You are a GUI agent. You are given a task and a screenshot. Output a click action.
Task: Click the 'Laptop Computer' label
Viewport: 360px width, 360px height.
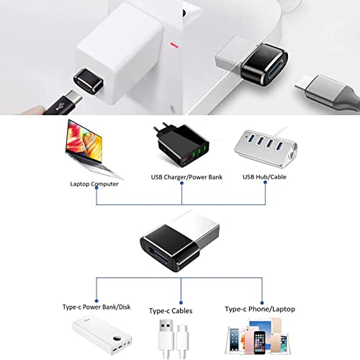[94, 184]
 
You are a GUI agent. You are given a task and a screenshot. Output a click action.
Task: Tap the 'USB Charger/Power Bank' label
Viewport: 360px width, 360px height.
[186, 177]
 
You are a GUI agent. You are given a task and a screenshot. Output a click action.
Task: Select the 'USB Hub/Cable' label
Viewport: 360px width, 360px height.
[264, 177]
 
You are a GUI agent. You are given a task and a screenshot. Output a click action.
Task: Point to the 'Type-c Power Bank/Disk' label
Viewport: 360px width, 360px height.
[96, 307]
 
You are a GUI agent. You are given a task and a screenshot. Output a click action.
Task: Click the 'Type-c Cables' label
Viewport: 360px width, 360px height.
[171, 311]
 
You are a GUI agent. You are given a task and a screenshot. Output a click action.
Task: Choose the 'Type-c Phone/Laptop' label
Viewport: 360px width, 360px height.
[260, 309]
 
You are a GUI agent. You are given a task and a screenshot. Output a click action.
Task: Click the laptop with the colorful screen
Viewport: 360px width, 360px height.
[92, 149]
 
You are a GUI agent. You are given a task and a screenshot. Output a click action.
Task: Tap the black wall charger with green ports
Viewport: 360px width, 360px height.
[181, 145]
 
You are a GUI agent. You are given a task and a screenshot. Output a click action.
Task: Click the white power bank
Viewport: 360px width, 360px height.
[102, 335]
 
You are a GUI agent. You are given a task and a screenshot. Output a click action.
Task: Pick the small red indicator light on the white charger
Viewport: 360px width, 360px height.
[174, 45]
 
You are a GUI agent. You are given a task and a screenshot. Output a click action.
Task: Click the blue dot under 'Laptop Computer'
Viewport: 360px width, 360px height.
[96, 188]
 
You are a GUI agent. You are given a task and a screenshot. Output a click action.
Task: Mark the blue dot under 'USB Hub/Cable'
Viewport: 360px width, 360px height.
[265, 182]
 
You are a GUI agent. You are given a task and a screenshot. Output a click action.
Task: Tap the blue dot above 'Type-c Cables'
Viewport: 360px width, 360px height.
[181, 302]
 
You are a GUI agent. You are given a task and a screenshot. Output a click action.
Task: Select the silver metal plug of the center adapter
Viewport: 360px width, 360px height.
[199, 228]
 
